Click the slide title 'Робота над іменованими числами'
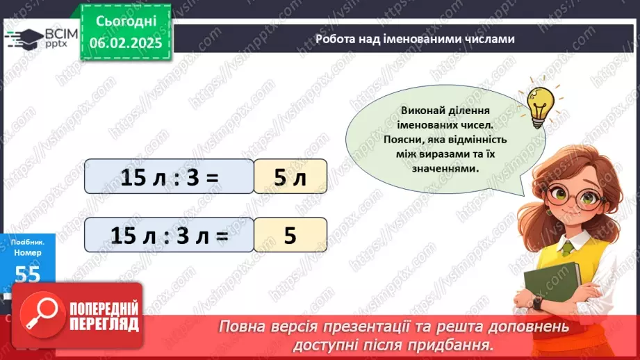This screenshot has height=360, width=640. (x=415, y=39)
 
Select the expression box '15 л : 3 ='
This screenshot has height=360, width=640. (x=169, y=177)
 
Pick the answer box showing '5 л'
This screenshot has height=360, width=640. (x=290, y=177)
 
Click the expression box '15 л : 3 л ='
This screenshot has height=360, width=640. (x=169, y=235)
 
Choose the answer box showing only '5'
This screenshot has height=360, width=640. (x=290, y=235)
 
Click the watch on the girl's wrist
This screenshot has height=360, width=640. (x=537, y=303)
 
